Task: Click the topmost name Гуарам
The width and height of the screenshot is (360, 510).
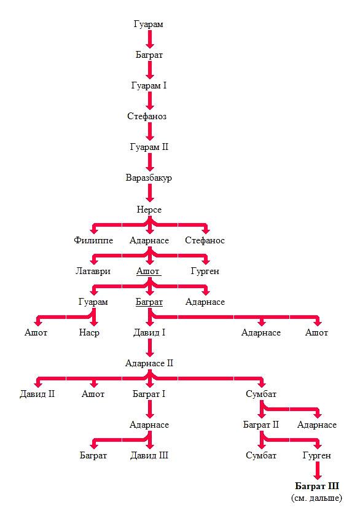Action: [x=148, y=25]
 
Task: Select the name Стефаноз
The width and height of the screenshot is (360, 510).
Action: [x=147, y=116]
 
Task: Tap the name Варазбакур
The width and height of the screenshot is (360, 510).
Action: [x=149, y=178]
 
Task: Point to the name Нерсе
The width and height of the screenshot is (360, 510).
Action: [x=149, y=210]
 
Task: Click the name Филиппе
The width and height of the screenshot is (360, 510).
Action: [x=93, y=240]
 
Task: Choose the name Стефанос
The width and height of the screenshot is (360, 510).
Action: [x=205, y=240]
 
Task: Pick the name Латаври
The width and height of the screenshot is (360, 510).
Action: [x=93, y=271]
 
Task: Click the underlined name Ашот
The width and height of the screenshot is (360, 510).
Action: [x=148, y=271]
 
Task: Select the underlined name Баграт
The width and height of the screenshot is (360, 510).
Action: [x=149, y=302]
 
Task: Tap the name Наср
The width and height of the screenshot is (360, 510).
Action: [x=89, y=332]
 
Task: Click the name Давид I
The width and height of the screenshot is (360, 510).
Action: [x=149, y=332]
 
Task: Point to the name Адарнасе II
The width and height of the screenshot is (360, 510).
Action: [x=149, y=363]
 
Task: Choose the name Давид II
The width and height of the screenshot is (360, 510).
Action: [x=37, y=394]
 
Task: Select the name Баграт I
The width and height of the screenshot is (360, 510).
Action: [x=149, y=394]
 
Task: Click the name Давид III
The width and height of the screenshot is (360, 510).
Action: [x=149, y=455]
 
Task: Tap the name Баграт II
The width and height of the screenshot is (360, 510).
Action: [x=261, y=425]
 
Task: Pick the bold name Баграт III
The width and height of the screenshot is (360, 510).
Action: [x=317, y=486]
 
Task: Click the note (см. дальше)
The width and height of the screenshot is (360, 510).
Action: [x=317, y=498]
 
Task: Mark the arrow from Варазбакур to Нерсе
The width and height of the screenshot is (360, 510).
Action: [x=150, y=193]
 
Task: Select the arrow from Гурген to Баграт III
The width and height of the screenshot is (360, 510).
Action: [x=317, y=470]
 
